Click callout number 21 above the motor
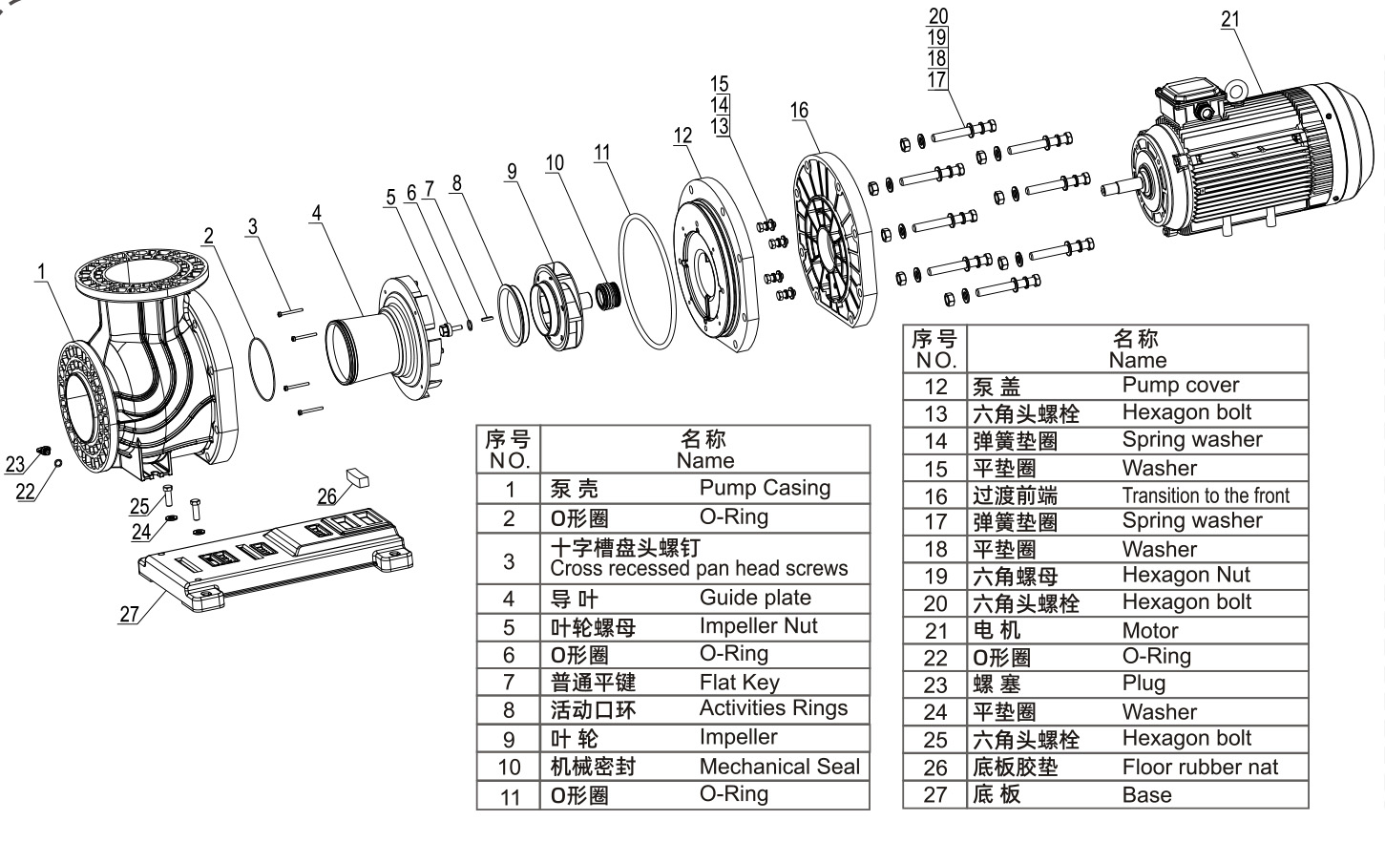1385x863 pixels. (x=1230, y=18)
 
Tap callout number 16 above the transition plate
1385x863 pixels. (x=799, y=110)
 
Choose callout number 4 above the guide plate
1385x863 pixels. (x=316, y=213)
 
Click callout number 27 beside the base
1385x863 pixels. (x=129, y=615)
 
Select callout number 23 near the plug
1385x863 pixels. (x=14, y=465)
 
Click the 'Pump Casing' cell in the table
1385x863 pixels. (x=765, y=488)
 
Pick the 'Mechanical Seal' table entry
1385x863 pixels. (x=779, y=767)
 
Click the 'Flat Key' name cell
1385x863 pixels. (x=739, y=682)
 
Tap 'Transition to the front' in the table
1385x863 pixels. (x=1205, y=495)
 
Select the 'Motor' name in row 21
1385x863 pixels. (x=1149, y=630)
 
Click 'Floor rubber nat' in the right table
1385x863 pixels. (x=1199, y=767)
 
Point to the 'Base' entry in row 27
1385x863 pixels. (x=1146, y=794)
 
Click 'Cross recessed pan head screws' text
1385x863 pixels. (x=699, y=569)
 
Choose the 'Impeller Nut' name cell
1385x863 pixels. (x=758, y=626)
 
